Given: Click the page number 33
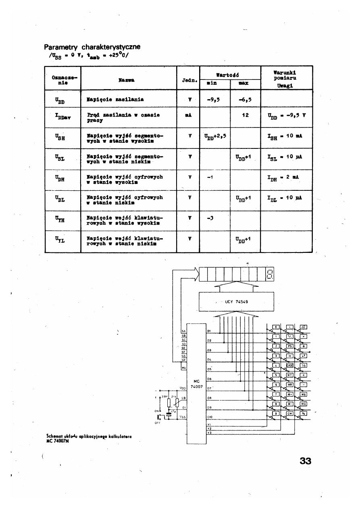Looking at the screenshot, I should [x=304, y=461].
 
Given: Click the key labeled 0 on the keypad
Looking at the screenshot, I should [x=276, y=327].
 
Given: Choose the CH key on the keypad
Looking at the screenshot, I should [x=289, y=413].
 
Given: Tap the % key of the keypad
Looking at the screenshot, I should [x=304, y=413].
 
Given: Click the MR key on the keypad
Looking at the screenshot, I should [x=289, y=384].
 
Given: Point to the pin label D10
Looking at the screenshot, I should [x=210, y=416].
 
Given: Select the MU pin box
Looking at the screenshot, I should [x=184, y=367].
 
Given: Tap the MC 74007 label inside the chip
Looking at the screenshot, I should [x=196, y=383].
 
